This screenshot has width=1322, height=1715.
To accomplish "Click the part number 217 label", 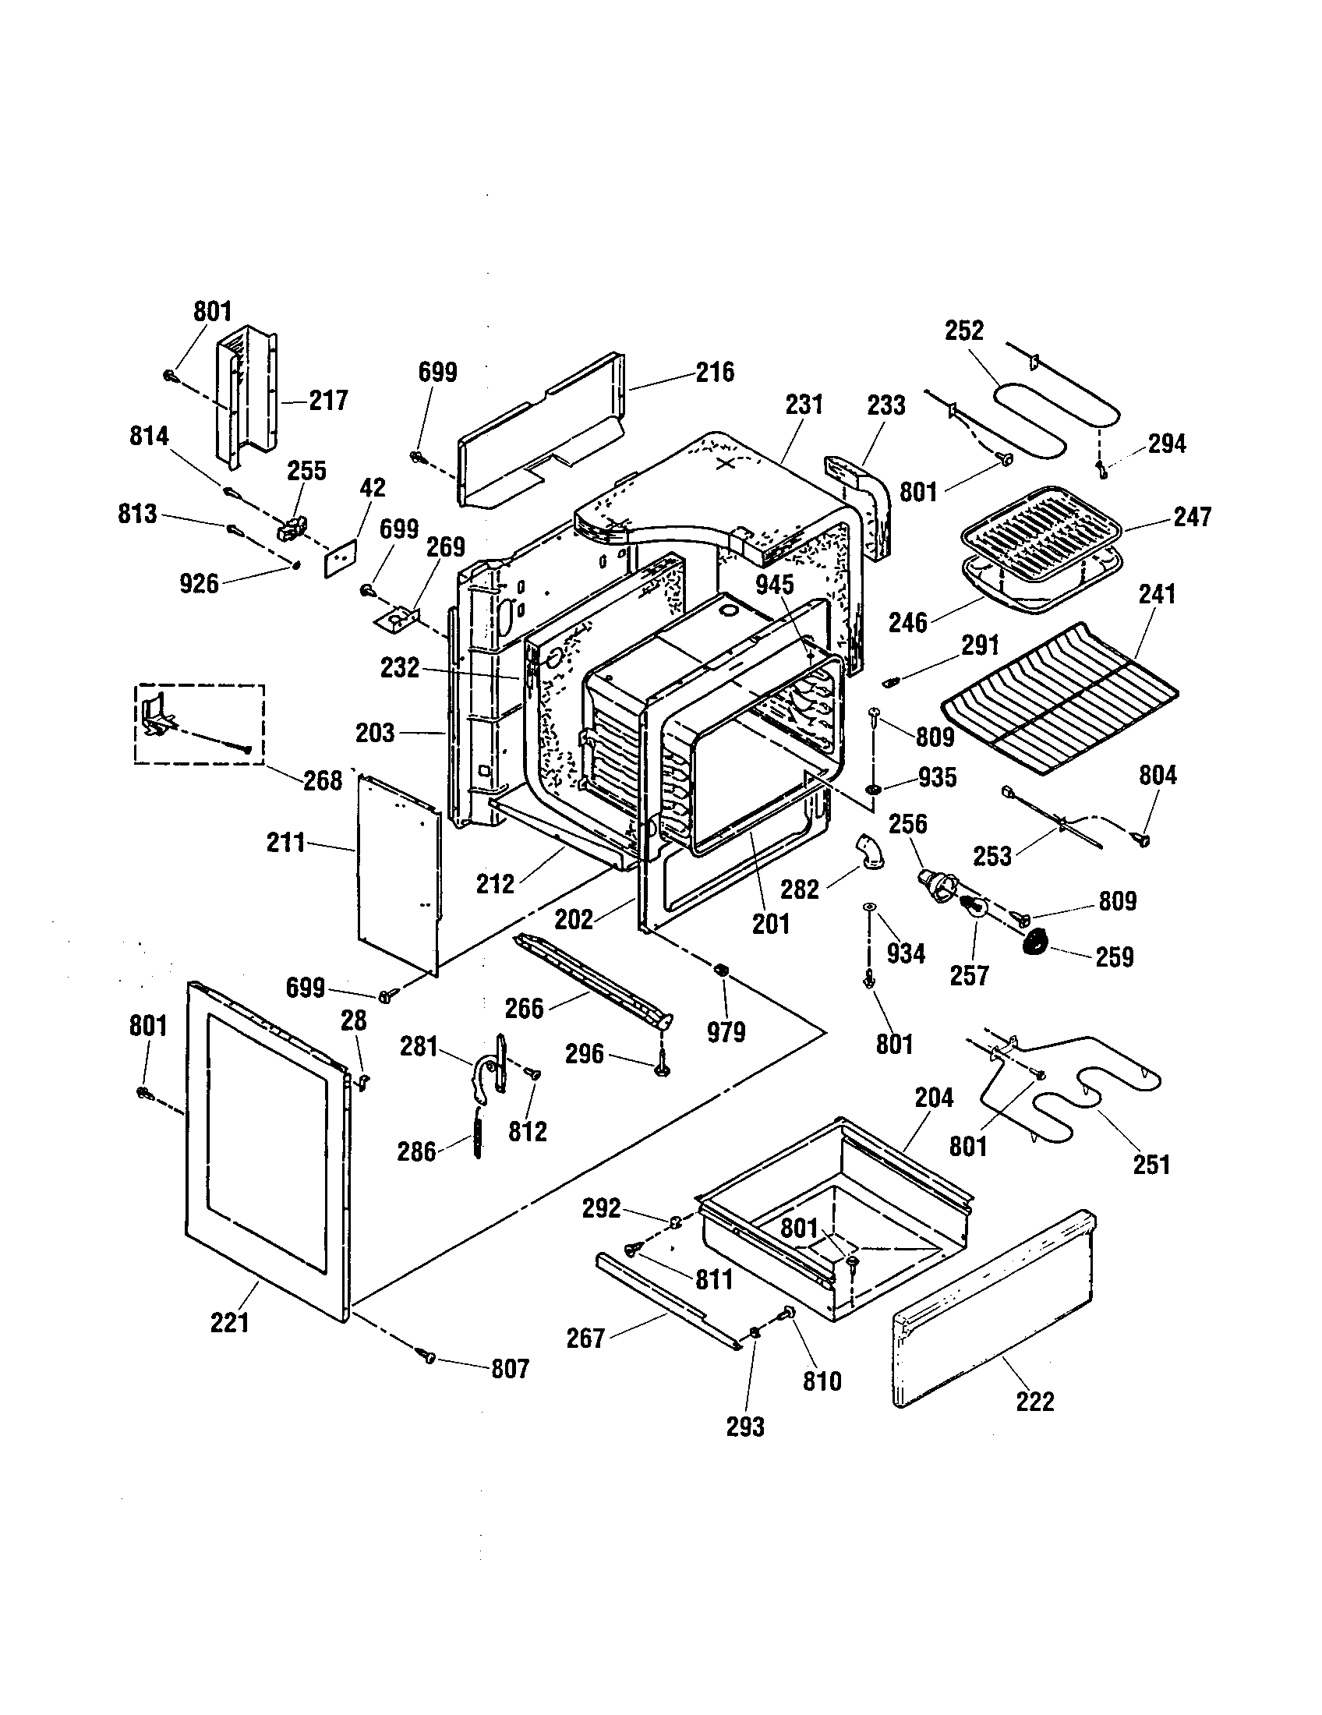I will (x=328, y=401).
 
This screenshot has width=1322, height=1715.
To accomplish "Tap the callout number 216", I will (x=714, y=371).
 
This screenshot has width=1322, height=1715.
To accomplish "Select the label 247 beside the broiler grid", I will (x=1192, y=516).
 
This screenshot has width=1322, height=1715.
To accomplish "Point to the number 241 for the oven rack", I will (x=1158, y=594).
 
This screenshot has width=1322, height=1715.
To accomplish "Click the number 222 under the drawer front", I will (x=1034, y=1401).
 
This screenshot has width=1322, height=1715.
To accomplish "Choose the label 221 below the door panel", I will (x=230, y=1322).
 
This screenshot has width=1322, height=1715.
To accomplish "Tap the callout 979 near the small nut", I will (x=726, y=1032).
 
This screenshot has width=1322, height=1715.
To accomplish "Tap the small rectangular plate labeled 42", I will (x=341, y=558).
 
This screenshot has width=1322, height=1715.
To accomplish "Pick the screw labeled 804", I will (x=1142, y=840).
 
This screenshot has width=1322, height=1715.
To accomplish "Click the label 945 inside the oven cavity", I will (x=775, y=584).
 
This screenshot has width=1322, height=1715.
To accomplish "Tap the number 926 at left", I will (x=199, y=583).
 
